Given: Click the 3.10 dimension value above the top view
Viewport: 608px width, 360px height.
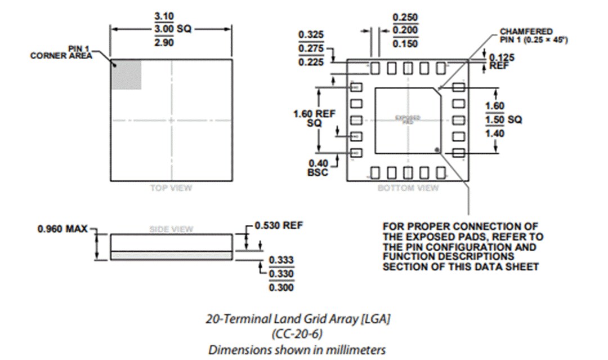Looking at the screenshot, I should click(163, 16).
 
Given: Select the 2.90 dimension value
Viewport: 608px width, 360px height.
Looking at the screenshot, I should click(163, 43).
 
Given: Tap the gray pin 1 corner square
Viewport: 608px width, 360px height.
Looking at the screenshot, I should click(126, 74).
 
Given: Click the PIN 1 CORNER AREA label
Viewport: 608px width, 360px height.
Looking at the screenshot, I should click(61, 52).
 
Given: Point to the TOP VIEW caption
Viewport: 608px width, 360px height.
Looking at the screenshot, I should click(171, 188).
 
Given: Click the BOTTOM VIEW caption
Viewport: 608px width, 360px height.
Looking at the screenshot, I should click(408, 188).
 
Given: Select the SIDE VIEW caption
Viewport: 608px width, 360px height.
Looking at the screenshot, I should click(171, 229).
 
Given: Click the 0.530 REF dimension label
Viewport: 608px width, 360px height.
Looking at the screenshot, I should click(279, 225).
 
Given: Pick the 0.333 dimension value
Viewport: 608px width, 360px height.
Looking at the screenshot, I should click(281, 260).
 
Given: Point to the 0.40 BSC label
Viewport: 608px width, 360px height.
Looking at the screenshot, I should click(318, 167).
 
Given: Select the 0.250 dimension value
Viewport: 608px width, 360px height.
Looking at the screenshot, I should click(404, 17).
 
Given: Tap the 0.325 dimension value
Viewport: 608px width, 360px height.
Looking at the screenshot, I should click(310, 35).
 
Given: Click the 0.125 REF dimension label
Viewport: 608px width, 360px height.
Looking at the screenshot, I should click(500, 61).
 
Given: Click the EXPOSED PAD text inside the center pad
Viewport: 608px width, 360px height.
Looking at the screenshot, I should click(408, 119).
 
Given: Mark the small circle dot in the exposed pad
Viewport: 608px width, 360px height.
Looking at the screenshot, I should click(437, 149).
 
